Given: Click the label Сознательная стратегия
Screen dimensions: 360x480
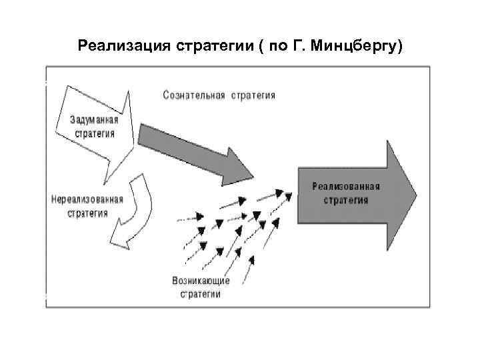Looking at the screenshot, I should tap(219, 95).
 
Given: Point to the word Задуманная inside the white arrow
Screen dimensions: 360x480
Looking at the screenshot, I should tap(95, 121).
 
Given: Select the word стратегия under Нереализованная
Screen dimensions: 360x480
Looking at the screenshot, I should tap(87, 213).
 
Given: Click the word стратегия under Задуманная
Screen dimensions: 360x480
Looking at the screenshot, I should tap(95, 133).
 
